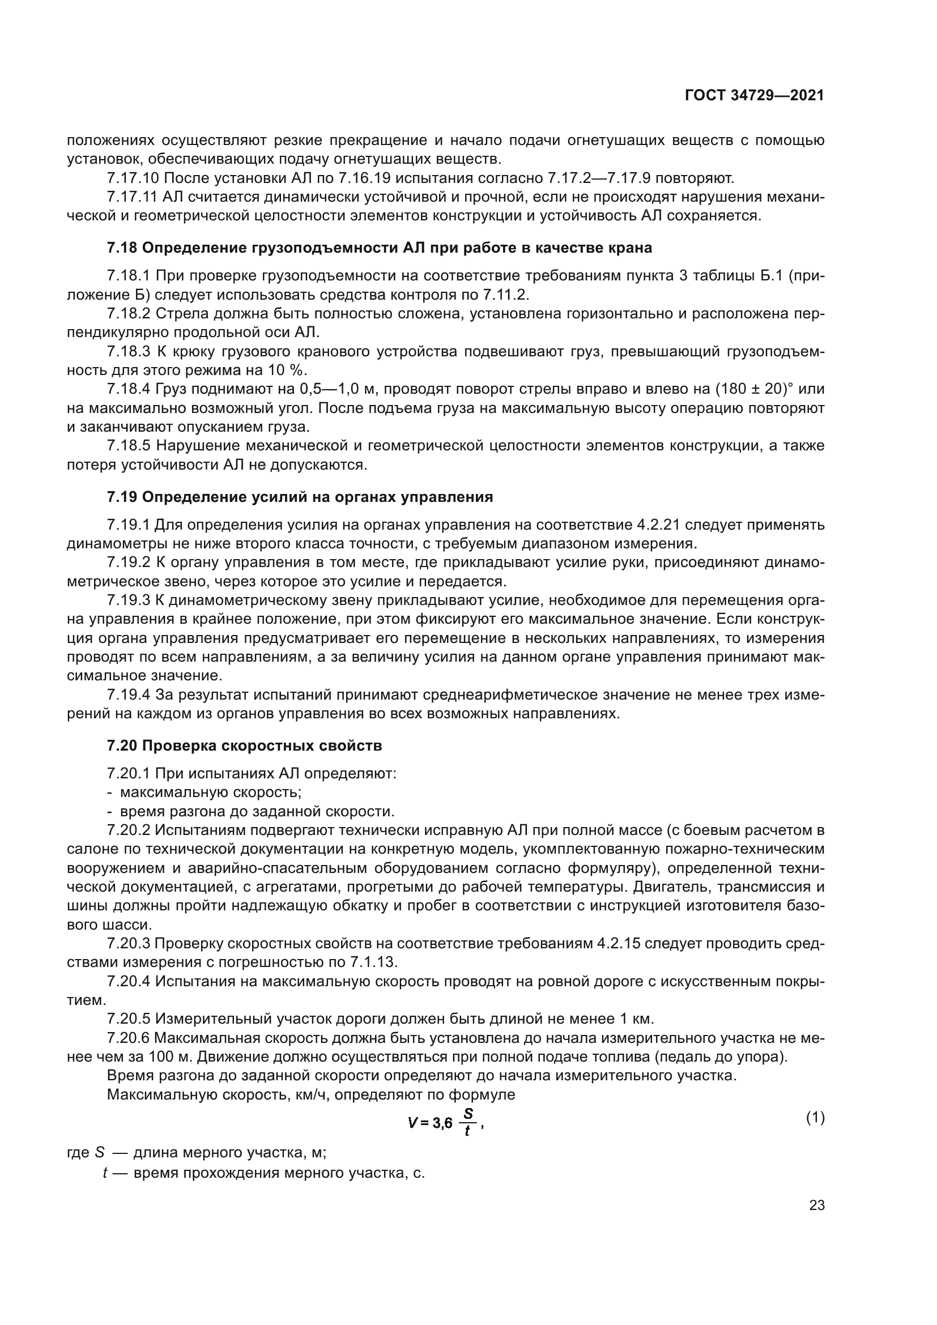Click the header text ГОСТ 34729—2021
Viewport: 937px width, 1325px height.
pos(754,96)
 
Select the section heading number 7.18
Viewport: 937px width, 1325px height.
pos(122,248)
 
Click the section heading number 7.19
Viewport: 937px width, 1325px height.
pos(122,497)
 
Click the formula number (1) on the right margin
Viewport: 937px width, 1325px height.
pos(815,1118)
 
